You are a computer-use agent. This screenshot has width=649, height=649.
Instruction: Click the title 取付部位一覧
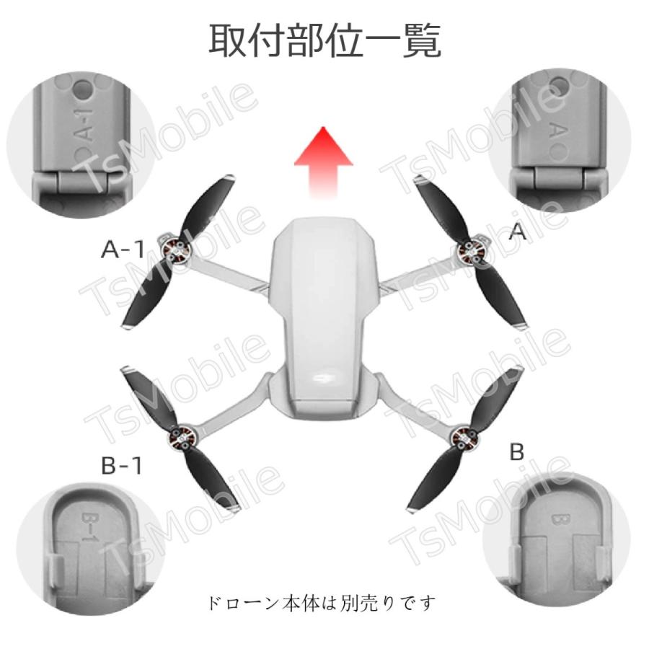[324, 41]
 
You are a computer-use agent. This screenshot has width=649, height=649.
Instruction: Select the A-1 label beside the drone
[123, 250]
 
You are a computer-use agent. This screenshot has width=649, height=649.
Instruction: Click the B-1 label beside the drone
[121, 466]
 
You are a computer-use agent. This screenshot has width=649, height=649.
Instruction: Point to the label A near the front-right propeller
[518, 231]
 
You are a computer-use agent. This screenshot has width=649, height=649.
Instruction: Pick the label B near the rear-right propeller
[516, 452]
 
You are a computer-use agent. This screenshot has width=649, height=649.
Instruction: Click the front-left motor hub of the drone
[175, 250]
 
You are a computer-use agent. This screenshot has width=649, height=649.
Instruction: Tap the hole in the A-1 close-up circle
[85, 92]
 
